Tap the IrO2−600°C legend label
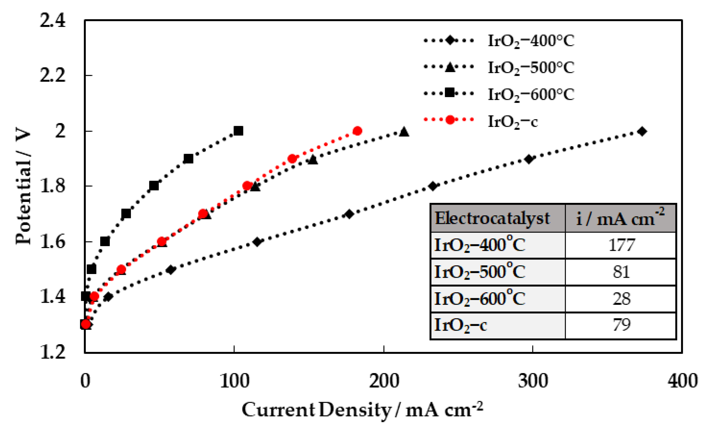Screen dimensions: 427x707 [x=531, y=95]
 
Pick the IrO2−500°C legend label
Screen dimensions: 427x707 [x=531, y=68]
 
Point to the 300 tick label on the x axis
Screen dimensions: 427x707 [x=533, y=381]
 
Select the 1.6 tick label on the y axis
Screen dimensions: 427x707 [x=53, y=242]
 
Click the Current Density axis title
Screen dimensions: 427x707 [x=362, y=410]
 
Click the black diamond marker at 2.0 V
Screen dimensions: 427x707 [x=642, y=132]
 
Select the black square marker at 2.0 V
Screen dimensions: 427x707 [x=238, y=131]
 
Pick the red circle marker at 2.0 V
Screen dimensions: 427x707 [x=357, y=131]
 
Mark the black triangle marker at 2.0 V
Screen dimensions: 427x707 [x=404, y=132]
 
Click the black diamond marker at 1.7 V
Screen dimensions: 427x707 [x=349, y=214]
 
